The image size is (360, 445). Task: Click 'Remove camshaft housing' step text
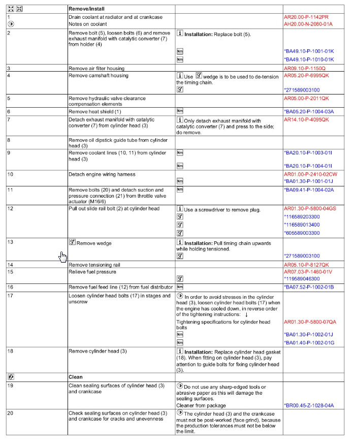[x=99, y=75]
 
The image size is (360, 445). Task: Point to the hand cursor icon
[x=62, y=256]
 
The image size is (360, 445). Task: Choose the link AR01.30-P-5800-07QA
[x=310, y=322]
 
